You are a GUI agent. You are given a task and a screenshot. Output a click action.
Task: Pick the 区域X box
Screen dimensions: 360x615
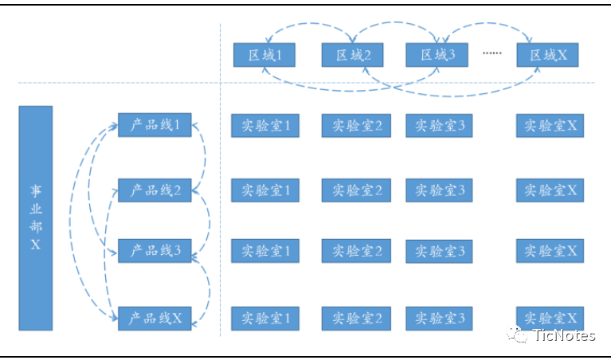546,55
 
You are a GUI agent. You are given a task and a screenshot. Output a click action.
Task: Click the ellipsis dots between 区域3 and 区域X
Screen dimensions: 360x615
492,53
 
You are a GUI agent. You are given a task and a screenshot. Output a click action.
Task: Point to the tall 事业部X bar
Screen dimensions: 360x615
36,217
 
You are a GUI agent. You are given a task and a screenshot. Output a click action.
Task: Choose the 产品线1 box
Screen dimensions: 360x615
155,125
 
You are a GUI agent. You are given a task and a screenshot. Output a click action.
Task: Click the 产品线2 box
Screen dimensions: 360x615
155,190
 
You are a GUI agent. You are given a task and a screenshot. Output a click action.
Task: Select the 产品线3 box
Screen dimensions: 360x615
155,251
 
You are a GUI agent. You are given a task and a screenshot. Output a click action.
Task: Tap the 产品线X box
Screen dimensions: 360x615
155,318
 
